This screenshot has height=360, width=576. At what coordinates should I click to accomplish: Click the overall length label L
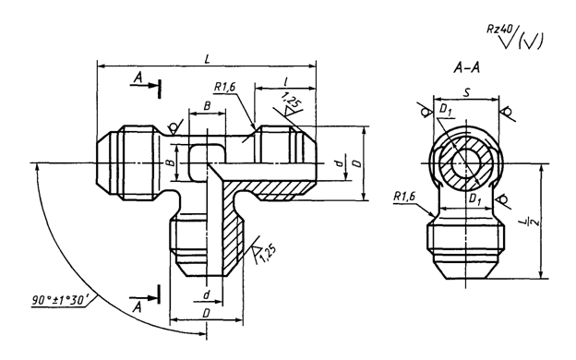[207, 59]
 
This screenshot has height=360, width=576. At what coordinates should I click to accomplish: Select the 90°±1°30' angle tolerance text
[59, 301]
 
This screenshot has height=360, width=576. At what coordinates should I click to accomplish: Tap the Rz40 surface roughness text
[498, 29]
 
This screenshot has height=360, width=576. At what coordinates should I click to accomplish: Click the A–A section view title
[467, 68]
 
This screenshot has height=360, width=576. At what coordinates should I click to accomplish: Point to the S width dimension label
[466, 92]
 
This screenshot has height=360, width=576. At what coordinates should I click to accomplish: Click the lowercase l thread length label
[286, 81]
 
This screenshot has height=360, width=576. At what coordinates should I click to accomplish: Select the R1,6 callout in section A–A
[404, 197]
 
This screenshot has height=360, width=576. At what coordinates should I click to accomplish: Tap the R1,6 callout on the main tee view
[225, 87]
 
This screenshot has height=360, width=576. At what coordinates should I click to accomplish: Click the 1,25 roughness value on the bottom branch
[268, 254]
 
